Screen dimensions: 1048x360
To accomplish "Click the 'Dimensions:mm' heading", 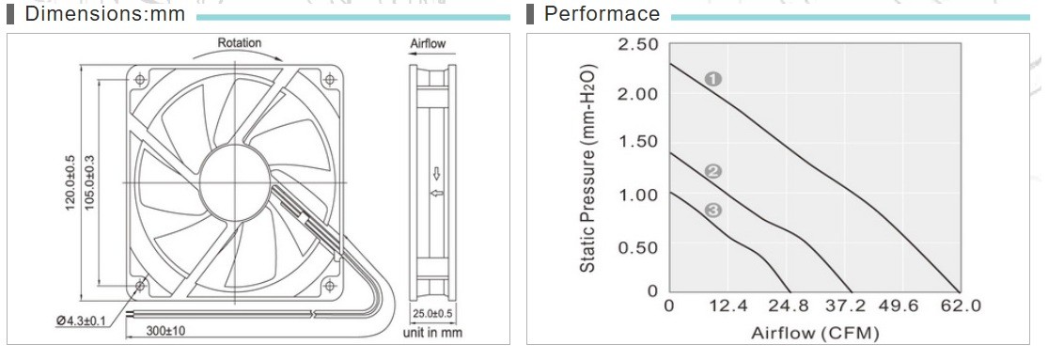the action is [x=104, y=14].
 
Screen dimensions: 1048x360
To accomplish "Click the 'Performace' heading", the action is [x=602, y=14].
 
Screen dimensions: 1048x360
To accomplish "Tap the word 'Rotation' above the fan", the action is [x=240, y=43].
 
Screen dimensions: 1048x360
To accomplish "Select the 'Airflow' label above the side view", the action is [x=428, y=44].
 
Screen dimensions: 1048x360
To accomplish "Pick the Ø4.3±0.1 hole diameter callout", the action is [x=82, y=321].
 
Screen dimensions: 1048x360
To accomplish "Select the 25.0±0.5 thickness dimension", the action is [x=432, y=314].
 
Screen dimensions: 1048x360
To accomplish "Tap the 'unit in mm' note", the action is [x=432, y=331].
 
